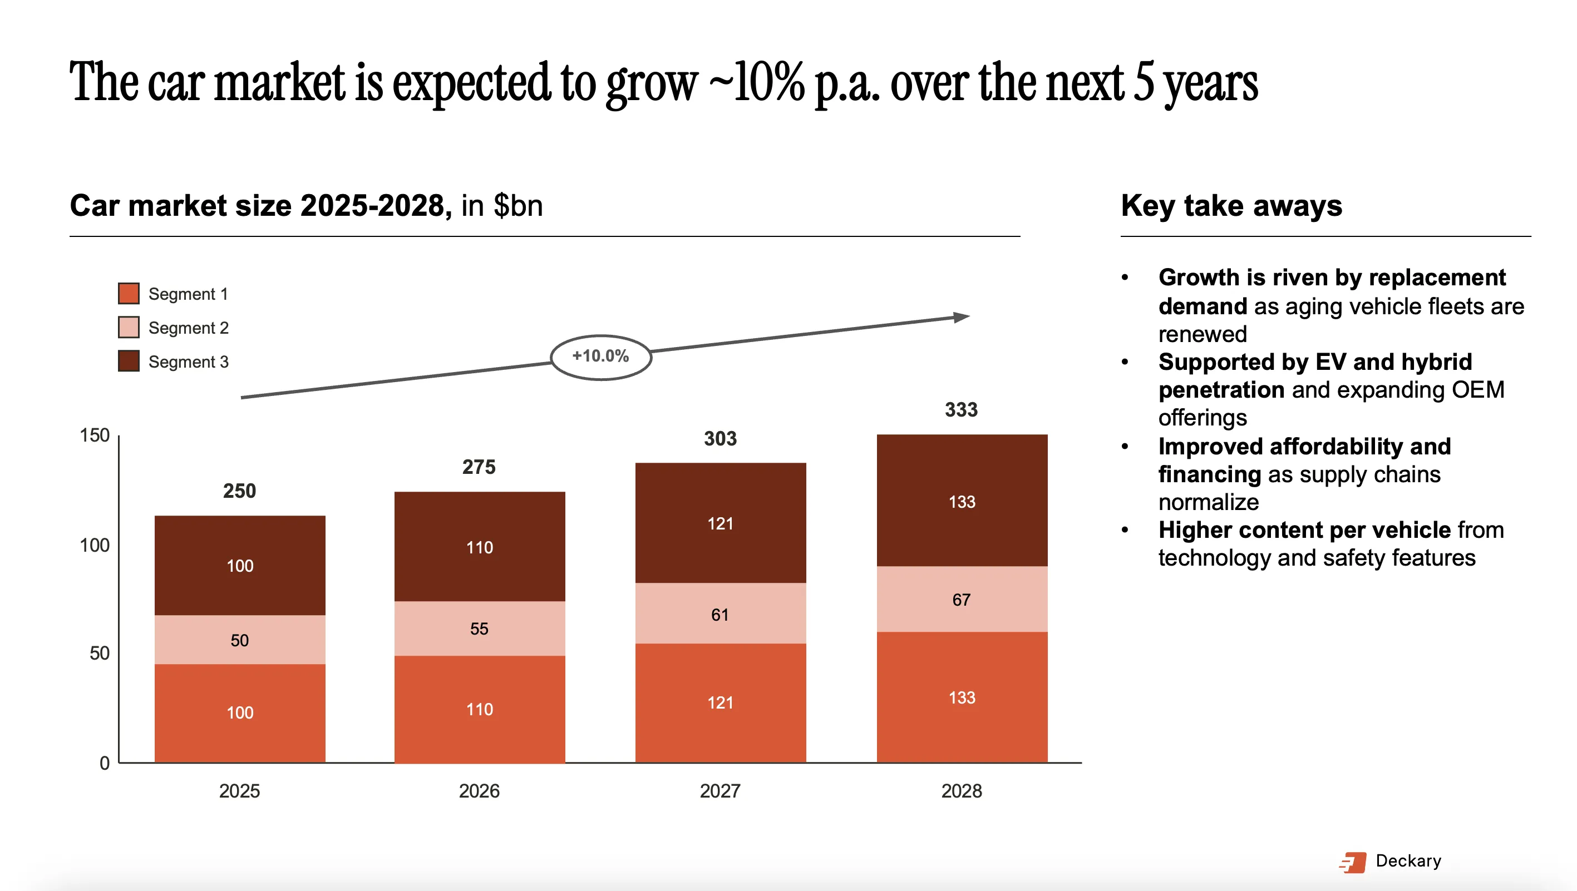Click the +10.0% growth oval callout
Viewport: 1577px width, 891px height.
click(600, 357)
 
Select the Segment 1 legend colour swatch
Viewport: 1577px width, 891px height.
click(129, 294)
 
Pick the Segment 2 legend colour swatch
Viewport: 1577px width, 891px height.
click(129, 328)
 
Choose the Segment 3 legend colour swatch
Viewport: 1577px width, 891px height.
click(129, 361)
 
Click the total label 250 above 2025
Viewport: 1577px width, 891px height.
click(239, 491)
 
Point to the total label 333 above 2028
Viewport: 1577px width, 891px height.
click(961, 409)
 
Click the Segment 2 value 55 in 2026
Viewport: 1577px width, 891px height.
click(479, 628)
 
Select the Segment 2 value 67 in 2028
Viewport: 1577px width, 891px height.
click(961, 600)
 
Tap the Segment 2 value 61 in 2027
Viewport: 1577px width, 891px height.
click(720, 615)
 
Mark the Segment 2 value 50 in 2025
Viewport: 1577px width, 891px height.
click(239, 640)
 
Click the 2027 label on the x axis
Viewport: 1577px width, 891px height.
click(720, 791)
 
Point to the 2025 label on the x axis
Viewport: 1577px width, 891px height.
click(239, 791)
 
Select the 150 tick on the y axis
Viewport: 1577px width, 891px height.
click(95, 435)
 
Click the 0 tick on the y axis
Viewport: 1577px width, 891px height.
click(105, 763)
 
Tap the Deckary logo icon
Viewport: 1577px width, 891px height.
click(1353, 862)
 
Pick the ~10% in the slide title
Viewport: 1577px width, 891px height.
click(757, 83)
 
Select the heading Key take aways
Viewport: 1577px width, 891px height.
click(1231, 206)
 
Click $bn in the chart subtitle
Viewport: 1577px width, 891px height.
click(518, 206)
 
